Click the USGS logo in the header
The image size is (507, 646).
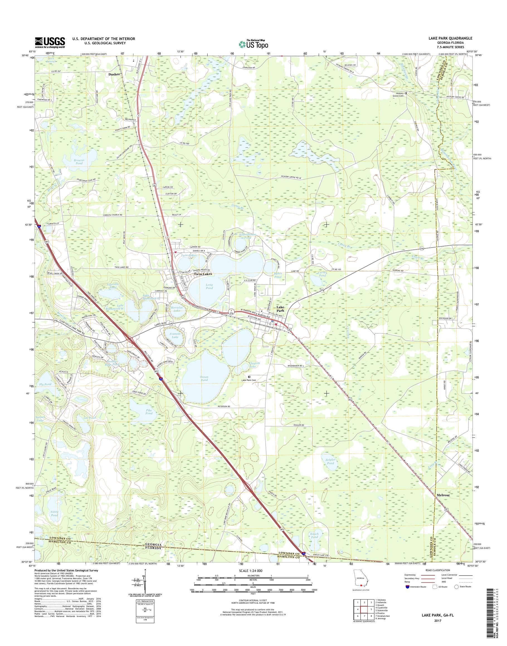point(50,42)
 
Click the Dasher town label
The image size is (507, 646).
point(114,74)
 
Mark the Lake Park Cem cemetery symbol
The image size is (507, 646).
point(249,377)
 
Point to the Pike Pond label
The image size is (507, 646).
point(149,412)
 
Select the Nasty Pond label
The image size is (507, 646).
point(54,514)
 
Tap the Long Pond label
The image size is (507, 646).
point(209,286)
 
